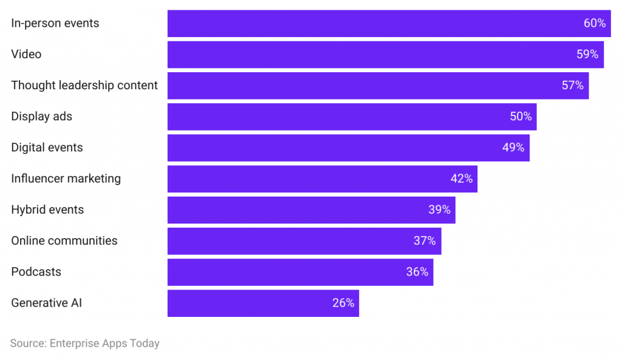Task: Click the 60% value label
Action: click(x=595, y=23)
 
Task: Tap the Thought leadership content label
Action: click(x=84, y=86)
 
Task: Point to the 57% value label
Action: click(x=572, y=86)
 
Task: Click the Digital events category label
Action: click(x=47, y=148)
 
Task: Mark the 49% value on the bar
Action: click(x=513, y=148)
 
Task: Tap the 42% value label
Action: click(x=461, y=179)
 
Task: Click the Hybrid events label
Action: click(x=47, y=210)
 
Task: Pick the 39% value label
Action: click(x=439, y=210)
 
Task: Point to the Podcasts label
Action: click(x=36, y=272)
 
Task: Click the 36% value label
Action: click(x=417, y=272)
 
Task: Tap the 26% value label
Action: click(x=343, y=303)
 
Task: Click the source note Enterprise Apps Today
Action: click(x=84, y=344)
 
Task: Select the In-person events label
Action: click(x=55, y=23)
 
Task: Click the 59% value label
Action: click(x=587, y=55)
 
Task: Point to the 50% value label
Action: click(x=521, y=117)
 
